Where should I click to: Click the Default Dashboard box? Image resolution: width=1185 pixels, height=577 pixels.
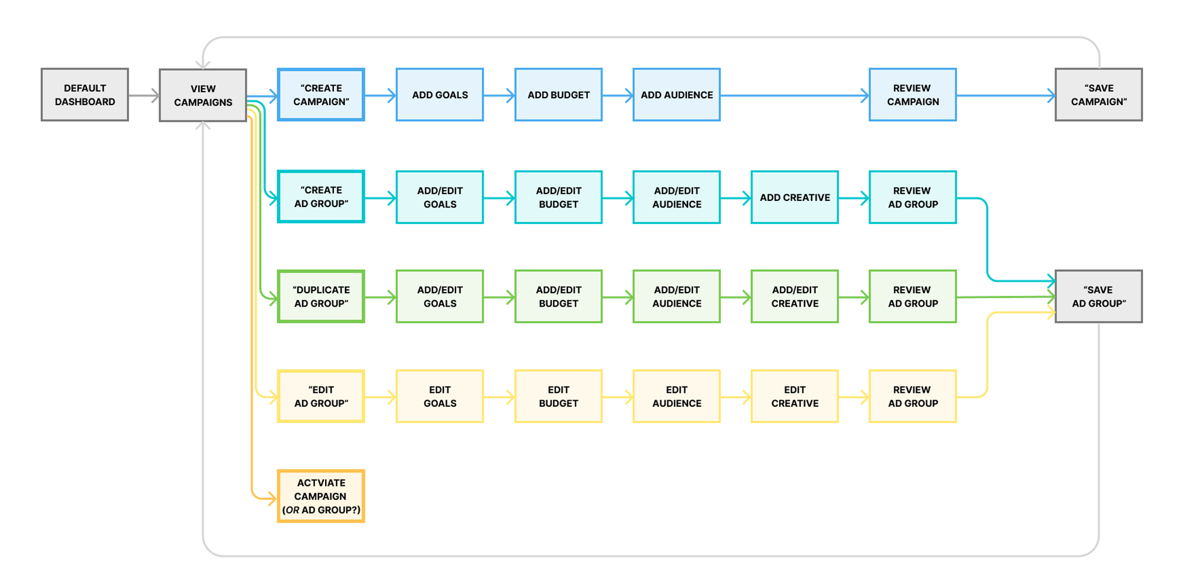click(x=84, y=95)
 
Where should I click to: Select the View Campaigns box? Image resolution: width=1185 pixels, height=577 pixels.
click(x=203, y=95)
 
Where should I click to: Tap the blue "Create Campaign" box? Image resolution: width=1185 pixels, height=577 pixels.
click(x=321, y=95)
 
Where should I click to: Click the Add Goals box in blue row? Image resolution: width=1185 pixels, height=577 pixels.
click(x=440, y=95)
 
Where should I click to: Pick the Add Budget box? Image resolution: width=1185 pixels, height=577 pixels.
click(x=558, y=95)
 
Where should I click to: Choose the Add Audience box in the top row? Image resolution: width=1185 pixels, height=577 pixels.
click(x=676, y=95)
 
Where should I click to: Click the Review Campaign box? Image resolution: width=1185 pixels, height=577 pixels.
click(x=912, y=95)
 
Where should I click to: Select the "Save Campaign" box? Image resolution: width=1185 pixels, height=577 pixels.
click(x=1098, y=95)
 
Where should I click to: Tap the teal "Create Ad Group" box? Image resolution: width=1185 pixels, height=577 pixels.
click(x=321, y=197)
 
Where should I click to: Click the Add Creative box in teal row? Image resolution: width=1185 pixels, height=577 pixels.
click(x=794, y=197)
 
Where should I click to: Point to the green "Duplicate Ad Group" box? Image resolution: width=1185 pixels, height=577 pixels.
click(x=321, y=296)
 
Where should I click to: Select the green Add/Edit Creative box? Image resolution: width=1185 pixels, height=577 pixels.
click(x=794, y=296)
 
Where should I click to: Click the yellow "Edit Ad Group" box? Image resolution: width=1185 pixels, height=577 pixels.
click(x=321, y=397)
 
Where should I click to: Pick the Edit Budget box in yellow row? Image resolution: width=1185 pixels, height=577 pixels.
click(x=558, y=397)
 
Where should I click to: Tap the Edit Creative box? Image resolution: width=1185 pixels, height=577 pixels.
click(x=794, y=397)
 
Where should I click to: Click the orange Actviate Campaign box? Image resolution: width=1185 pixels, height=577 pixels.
click(x=321, y=496)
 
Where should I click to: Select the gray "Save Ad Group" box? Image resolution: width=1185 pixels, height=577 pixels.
click(x=1098, y=296)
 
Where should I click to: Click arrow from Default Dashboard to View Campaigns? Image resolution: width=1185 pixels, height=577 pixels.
click(x=144, y=95)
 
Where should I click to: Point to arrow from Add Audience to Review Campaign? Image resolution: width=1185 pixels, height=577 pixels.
click(x=794, y=95)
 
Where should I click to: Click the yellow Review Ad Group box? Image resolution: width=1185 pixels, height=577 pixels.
click(x=912, y=397)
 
